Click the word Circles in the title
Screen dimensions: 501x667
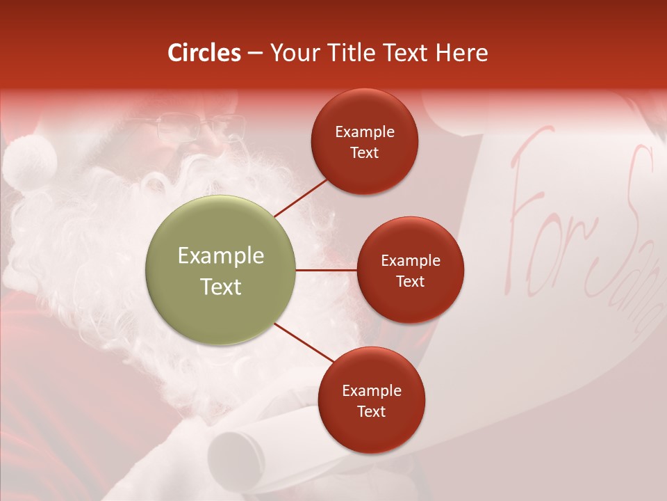pyautogui.click(x=204, y=53)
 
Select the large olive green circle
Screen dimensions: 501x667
pyautogui.click(x=221, y=270)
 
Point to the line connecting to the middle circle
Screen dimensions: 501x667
pyautogui.click(x=326, y=270)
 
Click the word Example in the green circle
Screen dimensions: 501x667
pyautogui.click(x=221, y=255)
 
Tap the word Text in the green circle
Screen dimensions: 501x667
pyautogui.click(x=221, y=287)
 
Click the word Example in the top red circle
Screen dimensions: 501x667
pyautogui.click(x=365, y=132)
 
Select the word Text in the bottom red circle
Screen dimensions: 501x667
pyautogui.click(x=371, y=411)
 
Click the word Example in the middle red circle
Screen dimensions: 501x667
pyautogui.click(x=410, y=260)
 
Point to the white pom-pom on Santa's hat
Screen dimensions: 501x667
pyautogui.click(x=29, y=161)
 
